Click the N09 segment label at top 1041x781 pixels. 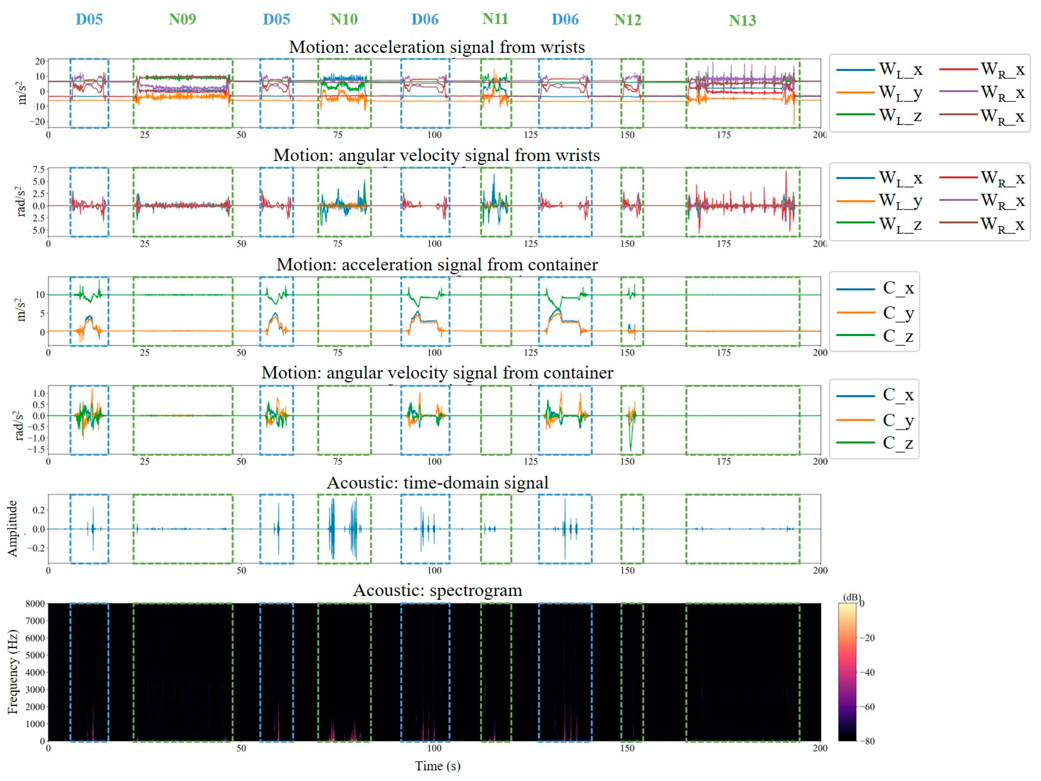pyautogui.click(x=182, y=19)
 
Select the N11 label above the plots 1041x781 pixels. pyautogui.click(x=495, y=19)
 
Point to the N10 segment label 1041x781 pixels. pyautogui.click(x=344, y=19)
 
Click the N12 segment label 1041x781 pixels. pyautogui.click(x=627, y=20)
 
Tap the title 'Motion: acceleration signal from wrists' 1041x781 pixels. pyautogui.click(x=436, y=47)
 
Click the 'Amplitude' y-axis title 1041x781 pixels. pyautogui.click(x=13, y=528)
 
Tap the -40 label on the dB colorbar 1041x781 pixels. pyautogui.click(x=867, y=672)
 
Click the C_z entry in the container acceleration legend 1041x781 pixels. pyautogui.click(x=897, y=336)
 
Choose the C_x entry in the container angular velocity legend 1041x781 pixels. pyautogui.click(x=897, y=395)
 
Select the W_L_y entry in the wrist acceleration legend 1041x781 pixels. pyautogui.click(x=900, y=93)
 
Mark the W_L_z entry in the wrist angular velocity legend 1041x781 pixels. pyautogui.click(x=900, y=224)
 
